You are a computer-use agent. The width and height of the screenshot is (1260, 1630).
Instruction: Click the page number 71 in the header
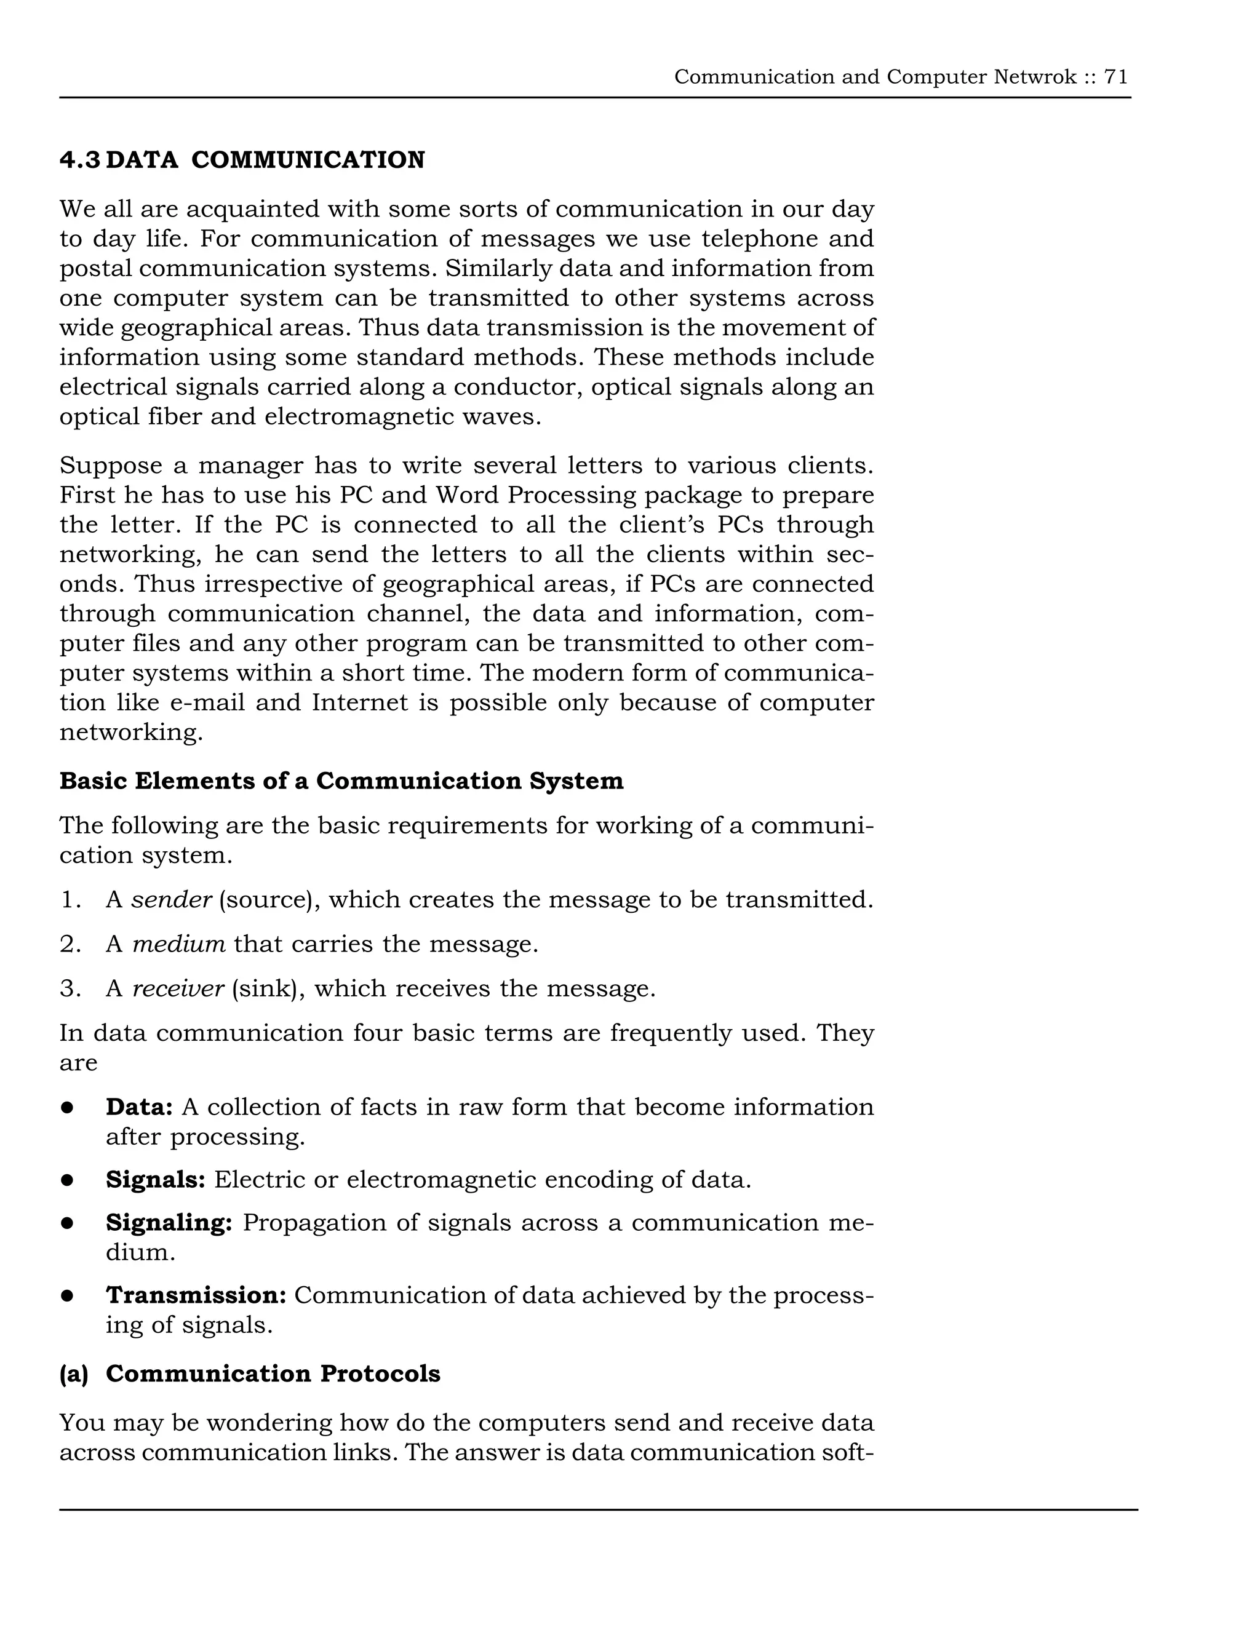tap(1116, 77)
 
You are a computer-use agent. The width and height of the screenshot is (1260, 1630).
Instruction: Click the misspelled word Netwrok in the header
tap(1035, 77)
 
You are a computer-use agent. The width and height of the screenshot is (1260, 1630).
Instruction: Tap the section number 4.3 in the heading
tap(79, 160)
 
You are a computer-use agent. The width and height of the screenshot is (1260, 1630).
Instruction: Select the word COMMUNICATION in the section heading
tap(308, 160)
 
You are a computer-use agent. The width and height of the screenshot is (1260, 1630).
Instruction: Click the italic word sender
tap(171, 900)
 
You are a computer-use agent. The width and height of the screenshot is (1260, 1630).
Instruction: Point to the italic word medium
tap(178, 944)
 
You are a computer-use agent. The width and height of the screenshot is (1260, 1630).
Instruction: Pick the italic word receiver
tap(178, 989)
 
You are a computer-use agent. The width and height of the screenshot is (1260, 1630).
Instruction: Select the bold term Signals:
tap(155, 1180)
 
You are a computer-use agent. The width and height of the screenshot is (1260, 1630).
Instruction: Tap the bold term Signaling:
tap(169, 1223)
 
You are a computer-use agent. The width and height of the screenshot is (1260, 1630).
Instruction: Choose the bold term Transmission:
tap(196, 1295)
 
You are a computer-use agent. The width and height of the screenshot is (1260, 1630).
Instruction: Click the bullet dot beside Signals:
tap(67, 1180)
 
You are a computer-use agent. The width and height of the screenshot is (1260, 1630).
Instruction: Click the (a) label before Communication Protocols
tap(73, 1374)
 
